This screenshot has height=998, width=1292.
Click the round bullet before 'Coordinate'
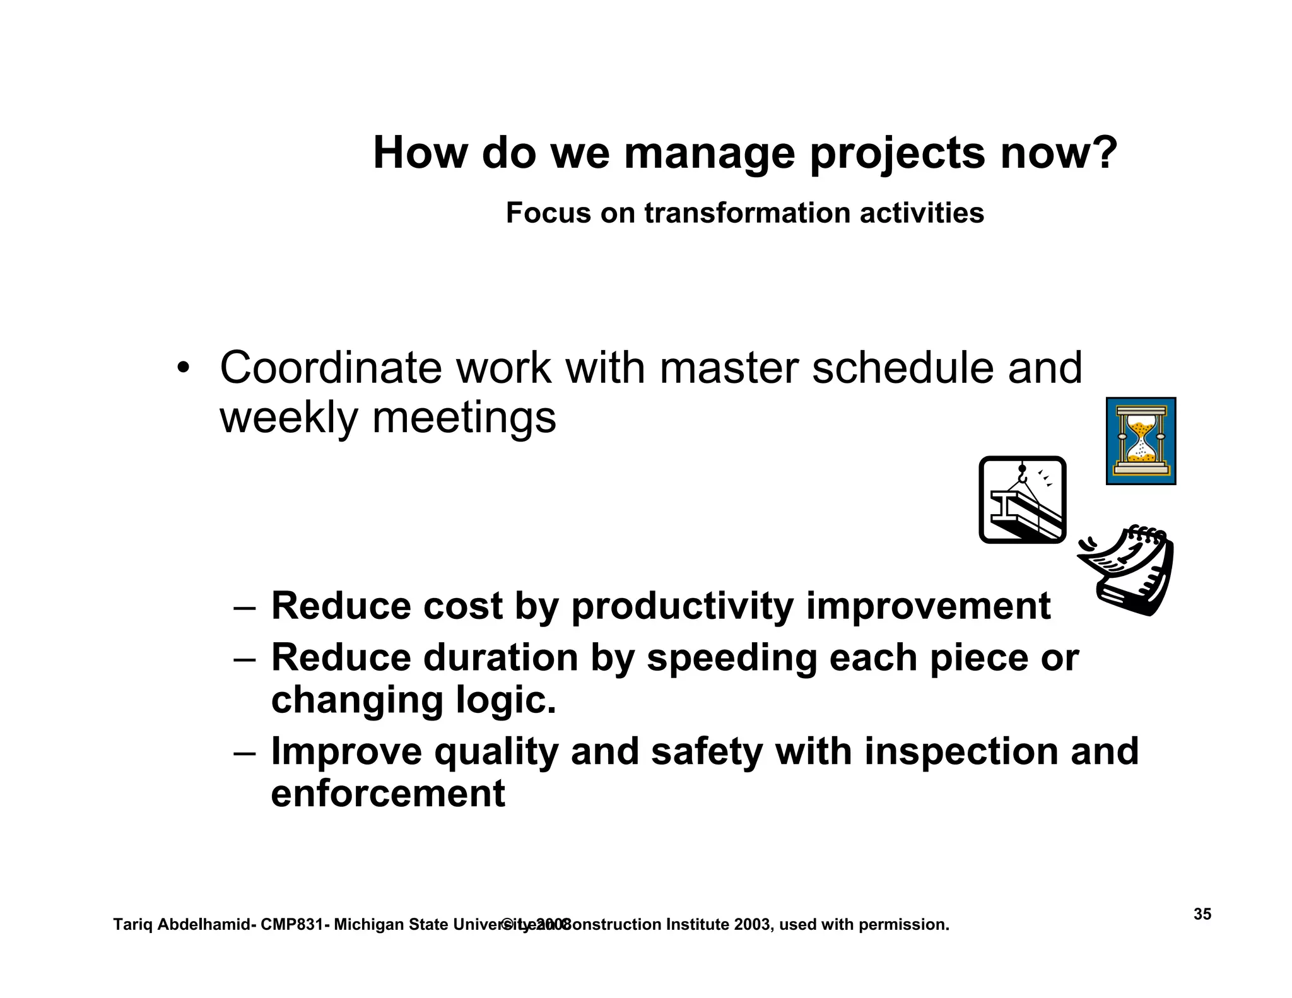click(x=183, y=368)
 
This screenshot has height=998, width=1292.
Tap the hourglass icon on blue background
click(x=1141, y=441)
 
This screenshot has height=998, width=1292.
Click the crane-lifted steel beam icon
click(x=1022, y=500)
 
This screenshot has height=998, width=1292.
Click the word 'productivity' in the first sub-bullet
click(x=682, y=607)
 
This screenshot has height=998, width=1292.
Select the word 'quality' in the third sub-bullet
click(x=496, y=752)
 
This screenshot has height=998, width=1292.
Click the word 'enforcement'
click(x=388, y=794)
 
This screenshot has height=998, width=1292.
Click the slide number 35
click(x=1202, y=914)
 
